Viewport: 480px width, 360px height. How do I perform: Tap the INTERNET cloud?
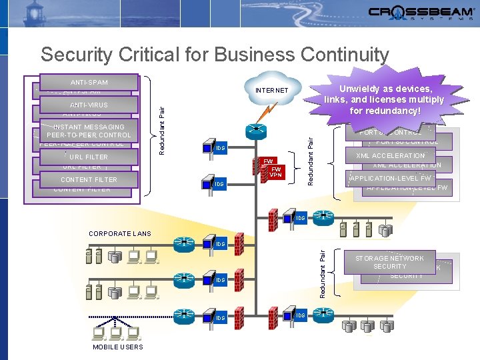(x=272, y=90)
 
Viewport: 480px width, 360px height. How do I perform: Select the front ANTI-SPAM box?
(x=89, y=81)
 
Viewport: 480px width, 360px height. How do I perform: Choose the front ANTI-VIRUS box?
(x=89, y=105)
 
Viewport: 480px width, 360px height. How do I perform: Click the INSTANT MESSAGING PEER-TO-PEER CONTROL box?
(x=89, y=131)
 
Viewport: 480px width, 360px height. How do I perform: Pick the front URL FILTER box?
(x=89, y=157)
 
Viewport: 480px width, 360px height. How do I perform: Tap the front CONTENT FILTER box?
(x=89, y=179)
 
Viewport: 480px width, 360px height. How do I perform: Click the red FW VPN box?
(x=276, y=172)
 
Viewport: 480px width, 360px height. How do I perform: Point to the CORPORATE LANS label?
(x=120, y=234)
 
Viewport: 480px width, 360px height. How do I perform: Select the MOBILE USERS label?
(x=118, y=347)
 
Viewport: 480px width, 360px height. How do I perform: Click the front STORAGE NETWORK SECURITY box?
(x=389, y=262)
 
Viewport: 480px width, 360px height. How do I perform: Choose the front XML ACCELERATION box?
(x=390, y=156)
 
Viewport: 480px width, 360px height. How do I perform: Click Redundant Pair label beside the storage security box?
(x=323, y=273)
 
